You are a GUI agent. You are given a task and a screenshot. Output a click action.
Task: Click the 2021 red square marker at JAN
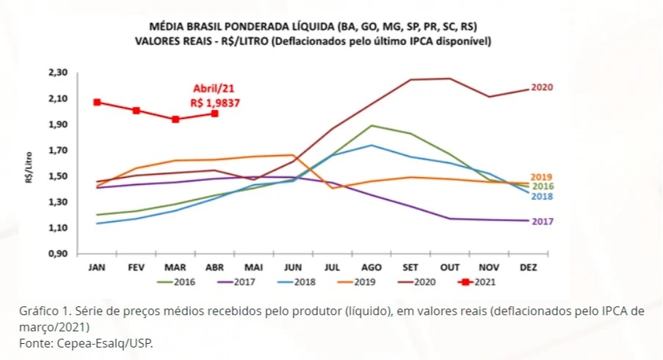97,102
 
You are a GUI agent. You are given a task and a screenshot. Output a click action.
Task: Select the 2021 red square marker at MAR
175,119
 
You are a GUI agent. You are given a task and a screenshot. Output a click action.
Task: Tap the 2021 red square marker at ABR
214,113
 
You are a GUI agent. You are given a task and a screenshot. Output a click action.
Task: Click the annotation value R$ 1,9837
214,104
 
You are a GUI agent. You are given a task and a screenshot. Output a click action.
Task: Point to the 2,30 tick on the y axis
57,73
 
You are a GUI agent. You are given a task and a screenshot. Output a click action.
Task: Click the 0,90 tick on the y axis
57,254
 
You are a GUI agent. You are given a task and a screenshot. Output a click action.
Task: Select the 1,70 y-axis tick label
57,151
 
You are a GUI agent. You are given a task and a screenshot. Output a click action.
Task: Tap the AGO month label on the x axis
372,267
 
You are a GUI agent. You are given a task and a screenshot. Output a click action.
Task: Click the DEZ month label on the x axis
528,267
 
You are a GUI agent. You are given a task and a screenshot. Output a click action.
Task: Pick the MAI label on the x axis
253,267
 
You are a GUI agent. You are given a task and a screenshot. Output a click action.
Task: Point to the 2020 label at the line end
542,87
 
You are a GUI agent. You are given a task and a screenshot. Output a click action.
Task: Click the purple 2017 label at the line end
542,221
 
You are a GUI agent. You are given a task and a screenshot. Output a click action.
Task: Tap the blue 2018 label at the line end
542,196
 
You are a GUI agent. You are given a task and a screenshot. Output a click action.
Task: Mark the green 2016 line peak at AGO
372,126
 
